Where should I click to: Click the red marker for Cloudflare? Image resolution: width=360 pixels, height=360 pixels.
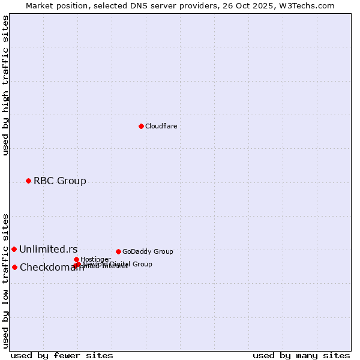coord(141,126)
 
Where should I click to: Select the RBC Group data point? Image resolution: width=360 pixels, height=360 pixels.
coord(28,181)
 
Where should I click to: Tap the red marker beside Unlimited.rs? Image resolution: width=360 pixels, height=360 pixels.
coord(14,249)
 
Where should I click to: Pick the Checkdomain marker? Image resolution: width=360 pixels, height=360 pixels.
coord(14,267)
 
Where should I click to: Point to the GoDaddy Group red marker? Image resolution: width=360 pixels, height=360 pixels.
coord(118,251)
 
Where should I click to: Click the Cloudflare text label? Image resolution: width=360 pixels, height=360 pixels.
coord(161,126)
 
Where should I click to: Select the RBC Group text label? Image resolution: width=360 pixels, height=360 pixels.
coord(59,181)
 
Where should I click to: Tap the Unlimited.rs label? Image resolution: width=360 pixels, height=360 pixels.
coord(48,249)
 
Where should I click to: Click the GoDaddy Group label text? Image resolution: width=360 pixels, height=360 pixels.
coord(147,251)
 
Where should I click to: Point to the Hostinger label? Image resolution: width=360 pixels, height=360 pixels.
coord(95,259)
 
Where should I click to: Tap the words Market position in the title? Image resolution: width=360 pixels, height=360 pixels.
coord(55,5)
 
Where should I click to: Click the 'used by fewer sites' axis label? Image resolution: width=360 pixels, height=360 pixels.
coord(62,355)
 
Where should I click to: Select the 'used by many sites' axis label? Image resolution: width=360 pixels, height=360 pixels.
coord(301,355)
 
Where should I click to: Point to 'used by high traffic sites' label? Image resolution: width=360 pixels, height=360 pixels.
coord(5,85)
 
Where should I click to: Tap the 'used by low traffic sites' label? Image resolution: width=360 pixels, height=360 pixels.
coord(5,281)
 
